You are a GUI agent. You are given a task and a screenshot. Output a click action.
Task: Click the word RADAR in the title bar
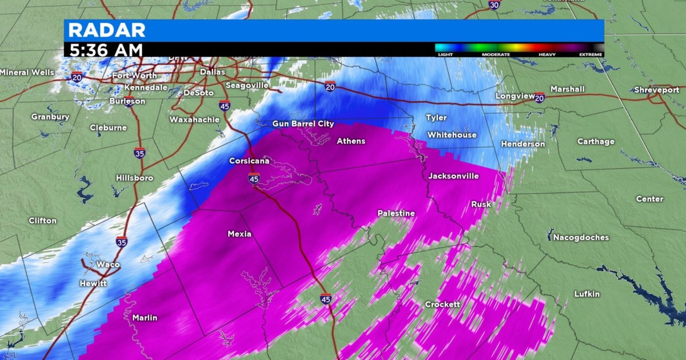tap(107, 30)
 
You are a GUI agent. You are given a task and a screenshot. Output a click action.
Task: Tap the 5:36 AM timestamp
tap(106, 50)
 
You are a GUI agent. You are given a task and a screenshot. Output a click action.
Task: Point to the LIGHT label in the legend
tap(445, 54)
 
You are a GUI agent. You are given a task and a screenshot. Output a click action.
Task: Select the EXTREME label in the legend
tap(591, 54)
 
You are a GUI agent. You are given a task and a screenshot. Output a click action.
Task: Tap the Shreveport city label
tap(656, 90)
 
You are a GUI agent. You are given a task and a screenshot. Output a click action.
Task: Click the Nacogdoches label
tap(581, 237)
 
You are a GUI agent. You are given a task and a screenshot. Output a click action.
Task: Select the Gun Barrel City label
tap(303, 124)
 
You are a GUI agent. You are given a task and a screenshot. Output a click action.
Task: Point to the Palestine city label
tap(396, 213)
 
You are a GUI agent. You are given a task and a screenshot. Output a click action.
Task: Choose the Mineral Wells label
tap(27, 73)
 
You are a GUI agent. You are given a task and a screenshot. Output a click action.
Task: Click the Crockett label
tap(442, 305)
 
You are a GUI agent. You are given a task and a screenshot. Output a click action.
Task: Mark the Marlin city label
tap(145, 318)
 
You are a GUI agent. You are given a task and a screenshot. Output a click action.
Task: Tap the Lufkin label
tap(587, 294)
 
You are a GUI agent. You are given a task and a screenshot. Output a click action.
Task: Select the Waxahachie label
tap(194, 119)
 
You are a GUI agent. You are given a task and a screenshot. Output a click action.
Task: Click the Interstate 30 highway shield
tap(493, 5)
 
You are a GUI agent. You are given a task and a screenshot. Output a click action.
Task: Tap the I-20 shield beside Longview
tap(539, 98)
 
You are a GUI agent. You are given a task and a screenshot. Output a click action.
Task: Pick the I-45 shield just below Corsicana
tap(254, 179)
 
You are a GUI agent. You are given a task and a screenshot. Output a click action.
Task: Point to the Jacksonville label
tap(454, 176)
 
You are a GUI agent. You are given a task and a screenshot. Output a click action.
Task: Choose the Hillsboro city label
tap(134, 178)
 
